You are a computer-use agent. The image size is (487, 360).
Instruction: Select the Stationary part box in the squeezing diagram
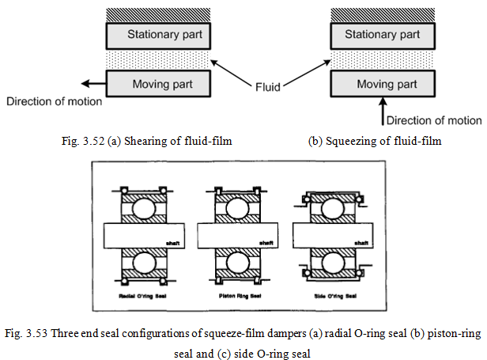[x=382, y=35]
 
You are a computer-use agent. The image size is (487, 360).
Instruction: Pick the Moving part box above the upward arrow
[x=382, y=83]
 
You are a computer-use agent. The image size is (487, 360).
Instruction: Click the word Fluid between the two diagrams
[x=270, y=85]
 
